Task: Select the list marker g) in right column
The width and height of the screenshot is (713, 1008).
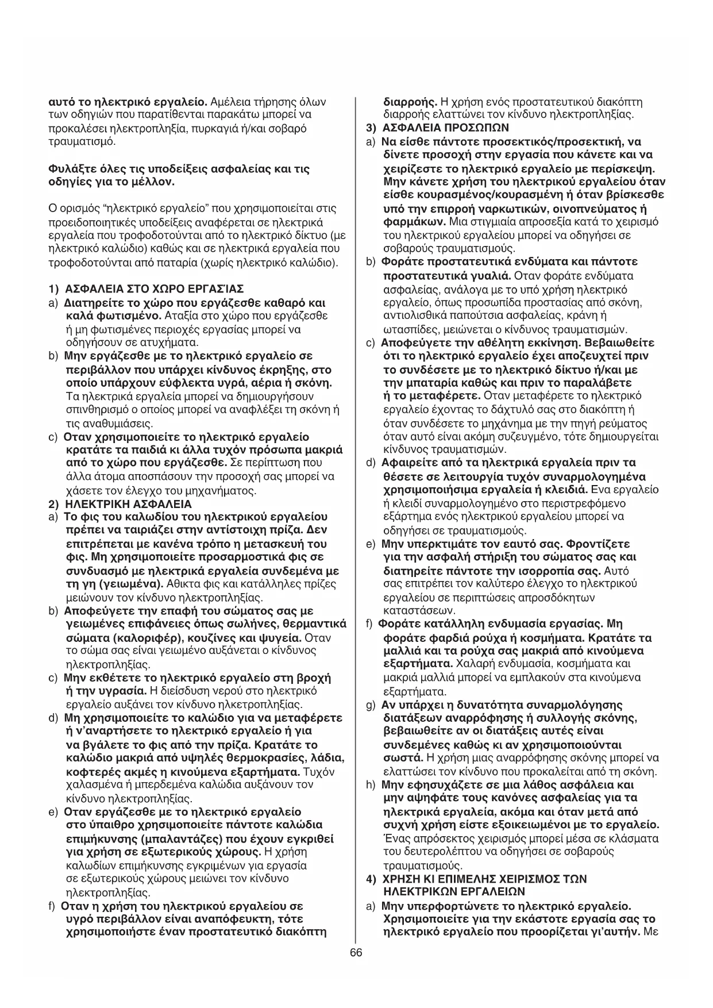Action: click(371, 705)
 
